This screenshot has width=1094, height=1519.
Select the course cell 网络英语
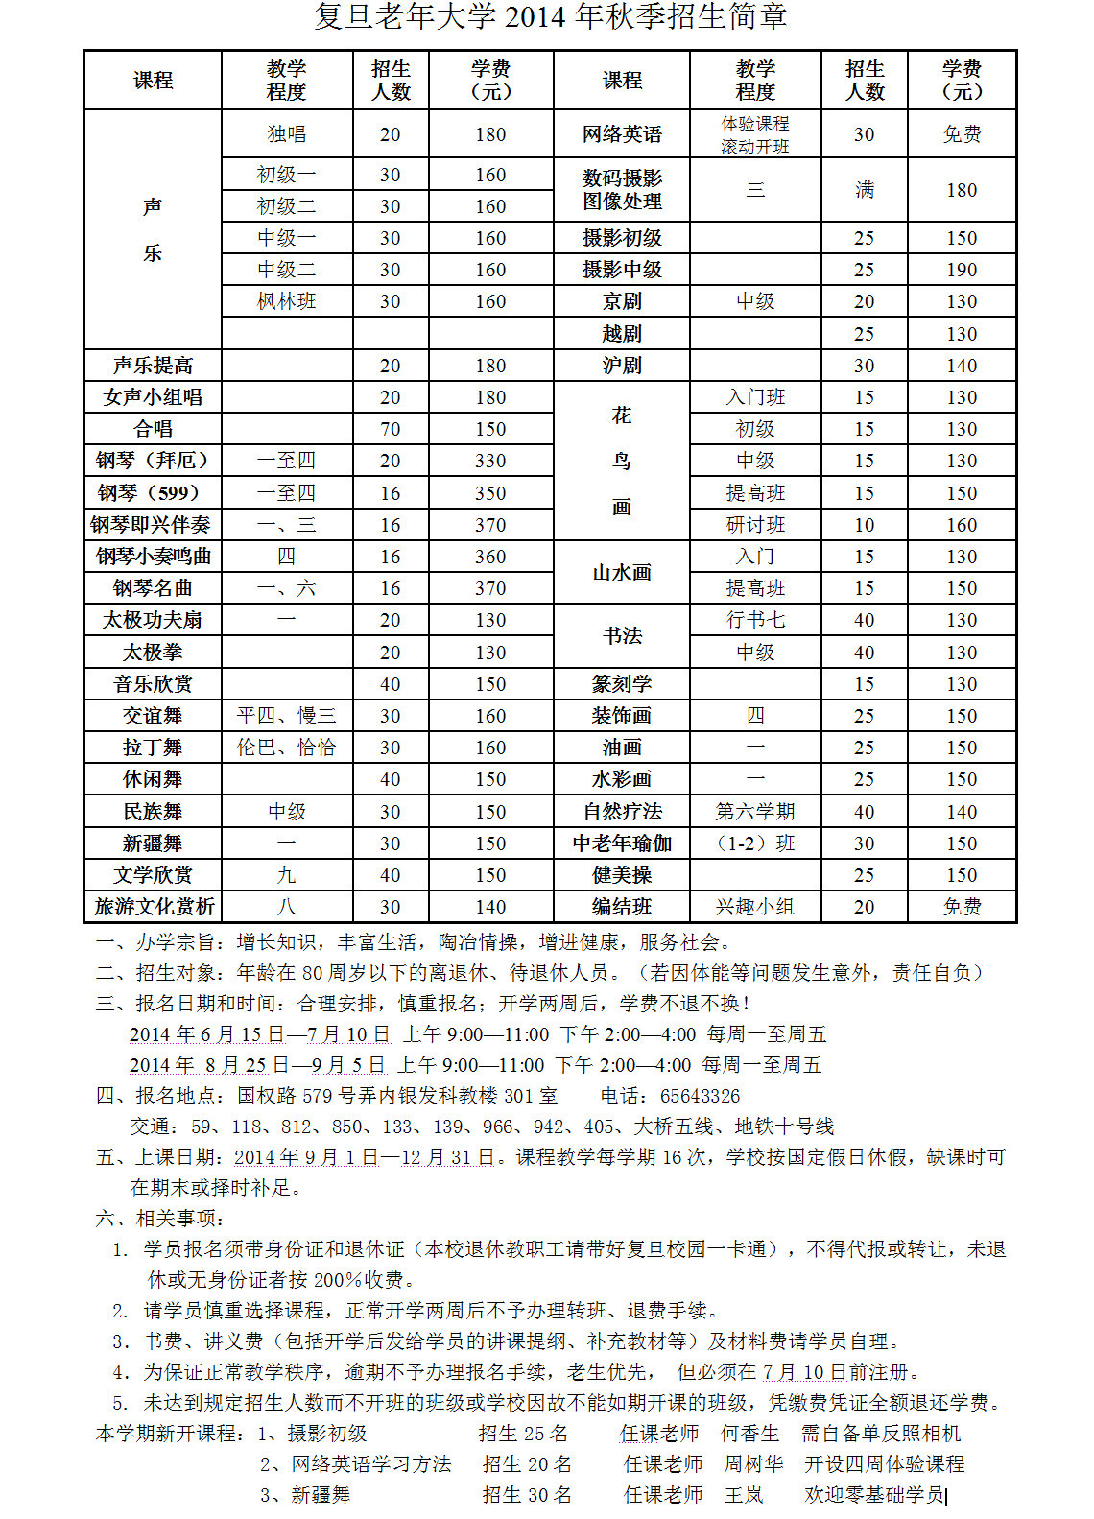tap(622, 134)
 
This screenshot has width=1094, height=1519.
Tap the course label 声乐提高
tap(153, 366)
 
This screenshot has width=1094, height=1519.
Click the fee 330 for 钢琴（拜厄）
tap(490, 461)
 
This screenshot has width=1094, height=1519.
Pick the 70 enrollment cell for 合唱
tap(391, 429)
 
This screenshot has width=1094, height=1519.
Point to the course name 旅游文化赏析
tap(154, 907)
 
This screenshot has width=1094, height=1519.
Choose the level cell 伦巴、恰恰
tap(286, 748)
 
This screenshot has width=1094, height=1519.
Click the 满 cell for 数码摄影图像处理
tap(865, 190)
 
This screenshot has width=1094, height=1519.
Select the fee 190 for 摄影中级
tap(962, 270)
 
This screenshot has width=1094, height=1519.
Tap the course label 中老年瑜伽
tap(622, 843)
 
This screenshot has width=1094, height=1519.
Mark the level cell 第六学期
tap(755, 812)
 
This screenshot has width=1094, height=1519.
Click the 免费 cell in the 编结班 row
tap(962, 907)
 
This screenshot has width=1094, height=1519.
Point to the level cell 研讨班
tap(755, 525)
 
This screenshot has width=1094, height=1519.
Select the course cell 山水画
tap(622, 573)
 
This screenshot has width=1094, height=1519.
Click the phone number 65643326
tap(700, 1096)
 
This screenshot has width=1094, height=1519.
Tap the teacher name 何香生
tap(749, 1434)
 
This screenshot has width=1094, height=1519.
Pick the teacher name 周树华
tap(753, 1464)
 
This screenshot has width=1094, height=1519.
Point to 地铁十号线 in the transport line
tap(784, 1127)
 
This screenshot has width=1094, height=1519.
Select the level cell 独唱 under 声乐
tap(286, 134)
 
